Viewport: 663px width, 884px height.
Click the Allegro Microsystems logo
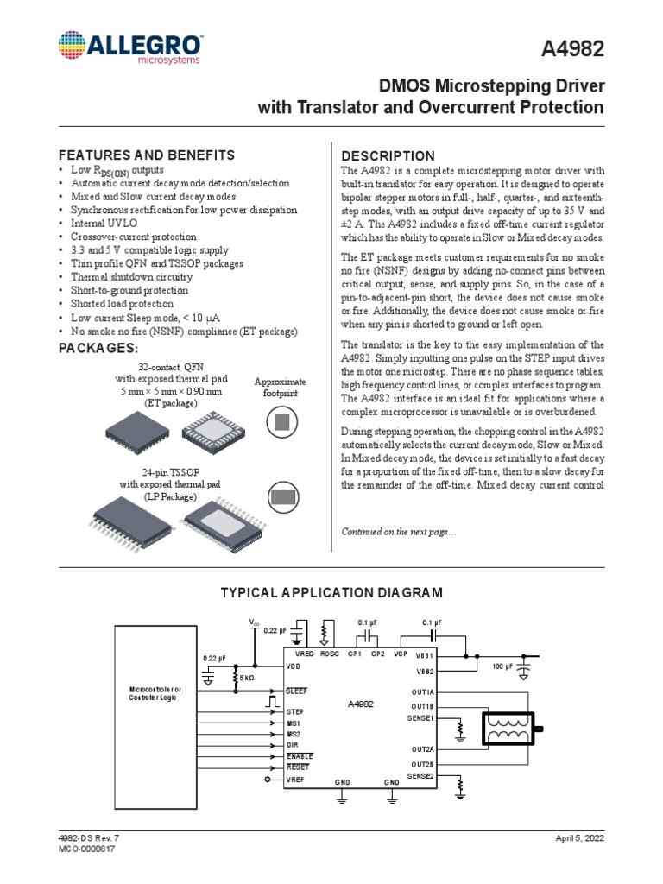(x=130, y=48)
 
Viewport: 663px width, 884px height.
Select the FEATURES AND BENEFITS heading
(x=146, y=155)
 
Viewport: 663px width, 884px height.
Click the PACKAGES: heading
(x=98, y=347)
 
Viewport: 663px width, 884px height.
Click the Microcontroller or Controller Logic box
(x=155, y=692)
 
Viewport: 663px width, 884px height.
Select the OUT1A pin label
(x=422, y=691)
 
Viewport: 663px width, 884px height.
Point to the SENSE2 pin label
(x=421, y=775)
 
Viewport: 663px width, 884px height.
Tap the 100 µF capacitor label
(x=502, y=666)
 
